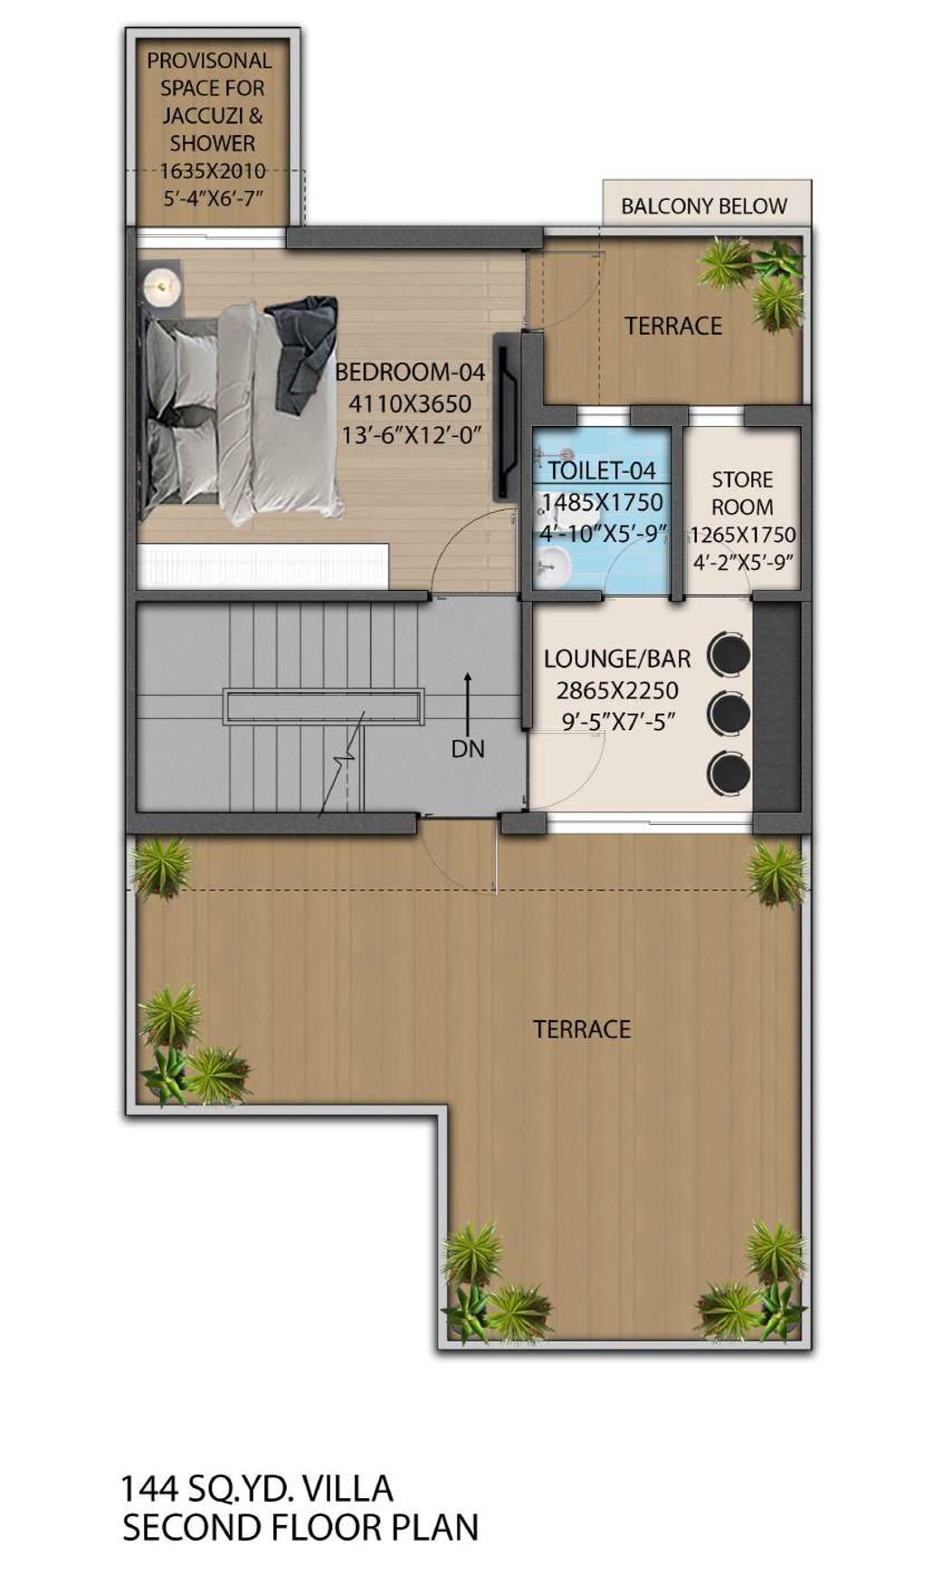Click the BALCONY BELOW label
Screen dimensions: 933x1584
coord(703,206)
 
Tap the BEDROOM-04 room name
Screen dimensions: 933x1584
coord(410,372)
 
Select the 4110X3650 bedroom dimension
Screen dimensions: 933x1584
coord(410,403)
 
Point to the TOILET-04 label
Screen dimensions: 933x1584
coord(601,470)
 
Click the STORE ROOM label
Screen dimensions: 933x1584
coord(742,493)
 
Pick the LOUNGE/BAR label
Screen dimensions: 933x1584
coord(617,659)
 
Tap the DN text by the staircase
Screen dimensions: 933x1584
coord(468,749)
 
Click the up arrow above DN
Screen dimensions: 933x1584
coord(467,702)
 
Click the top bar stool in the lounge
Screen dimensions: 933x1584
coord(728,653)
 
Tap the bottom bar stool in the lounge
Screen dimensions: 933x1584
coord(728,772)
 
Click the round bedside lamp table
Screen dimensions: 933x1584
coord(163,288)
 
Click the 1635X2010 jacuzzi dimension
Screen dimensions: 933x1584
coord(213,170)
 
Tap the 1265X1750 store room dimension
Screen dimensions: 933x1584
coord(743,535)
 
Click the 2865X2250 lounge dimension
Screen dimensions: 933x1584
coord(617,691)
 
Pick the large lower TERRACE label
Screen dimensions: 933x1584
coord(582,1029)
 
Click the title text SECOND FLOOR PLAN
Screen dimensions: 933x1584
coord(300,1528)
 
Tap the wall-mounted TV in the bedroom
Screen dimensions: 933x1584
coord(504,416)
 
